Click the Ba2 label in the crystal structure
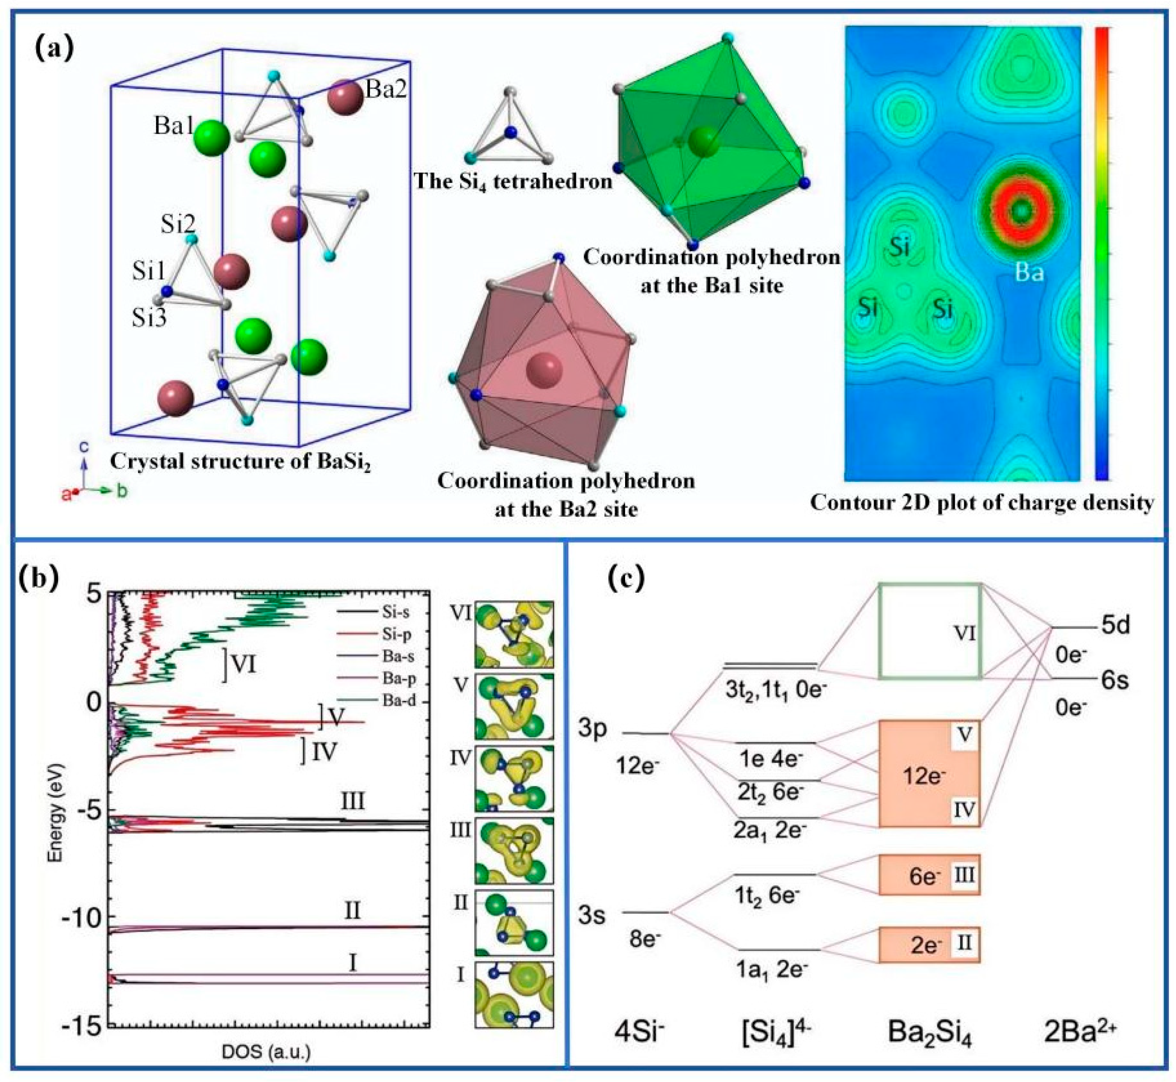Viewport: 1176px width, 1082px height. (386, 89)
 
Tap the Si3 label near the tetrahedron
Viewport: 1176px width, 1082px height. (149, 317)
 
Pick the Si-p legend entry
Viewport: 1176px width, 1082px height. (397, 634)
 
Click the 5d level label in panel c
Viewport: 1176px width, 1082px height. (1115, 625)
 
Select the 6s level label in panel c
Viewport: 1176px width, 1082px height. (1115, 681)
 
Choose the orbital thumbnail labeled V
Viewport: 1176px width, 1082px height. (514, 706)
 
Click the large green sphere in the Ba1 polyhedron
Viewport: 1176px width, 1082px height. (703, 141)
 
